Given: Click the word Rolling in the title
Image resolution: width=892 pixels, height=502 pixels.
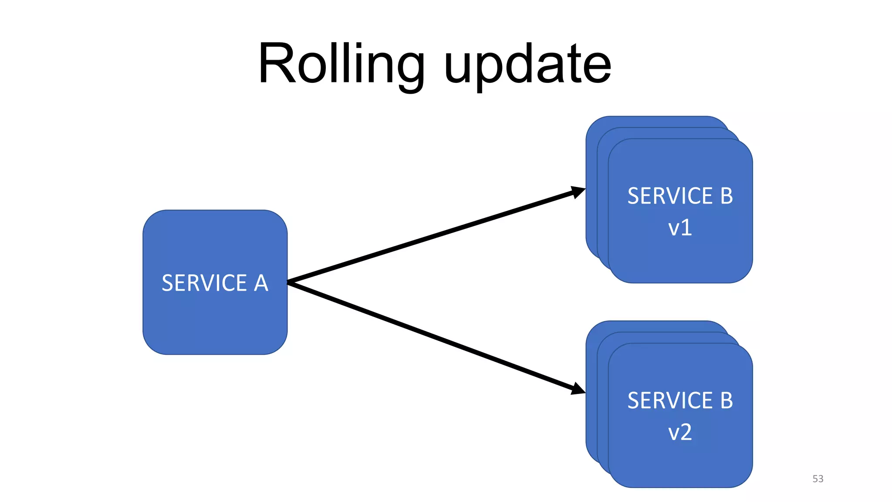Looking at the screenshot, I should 341,64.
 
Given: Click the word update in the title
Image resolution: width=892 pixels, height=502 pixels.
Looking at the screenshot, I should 527,65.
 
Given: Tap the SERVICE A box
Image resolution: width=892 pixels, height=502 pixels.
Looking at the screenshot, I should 215,322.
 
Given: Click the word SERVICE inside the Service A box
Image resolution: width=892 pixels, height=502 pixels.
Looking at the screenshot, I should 204,283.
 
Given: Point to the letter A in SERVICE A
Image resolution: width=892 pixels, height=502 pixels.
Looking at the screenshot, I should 261,283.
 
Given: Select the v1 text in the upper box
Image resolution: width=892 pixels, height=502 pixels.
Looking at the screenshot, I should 680,227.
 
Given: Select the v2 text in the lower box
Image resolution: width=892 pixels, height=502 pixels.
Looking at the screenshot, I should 680,432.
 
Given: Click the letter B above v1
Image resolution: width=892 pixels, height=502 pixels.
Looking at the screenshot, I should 726,196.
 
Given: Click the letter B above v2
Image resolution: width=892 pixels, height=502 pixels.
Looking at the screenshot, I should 726,400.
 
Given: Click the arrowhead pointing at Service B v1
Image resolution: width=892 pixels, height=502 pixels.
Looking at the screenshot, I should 579,191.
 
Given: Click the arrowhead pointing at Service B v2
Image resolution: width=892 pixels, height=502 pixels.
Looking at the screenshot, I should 579,389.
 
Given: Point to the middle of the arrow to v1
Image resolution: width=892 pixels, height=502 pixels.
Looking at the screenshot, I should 436,236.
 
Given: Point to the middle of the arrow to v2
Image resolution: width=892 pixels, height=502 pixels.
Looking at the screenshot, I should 436,337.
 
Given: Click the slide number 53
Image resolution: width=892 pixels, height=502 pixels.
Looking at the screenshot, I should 818,478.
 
